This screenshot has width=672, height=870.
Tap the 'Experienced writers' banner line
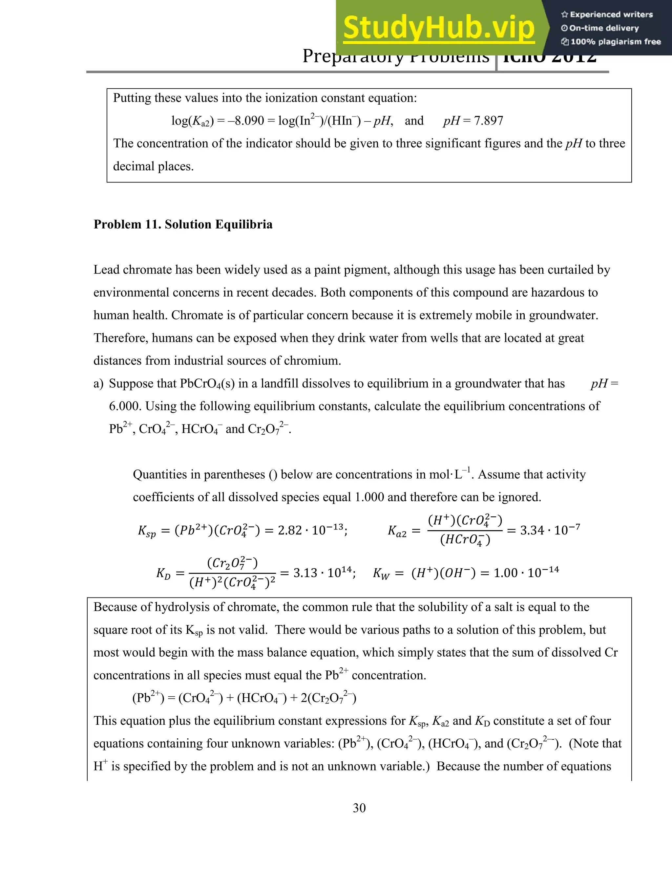pos(607,15)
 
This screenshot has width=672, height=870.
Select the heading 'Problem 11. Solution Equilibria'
pos(183,225)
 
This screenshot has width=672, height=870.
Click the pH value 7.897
pos(489,121)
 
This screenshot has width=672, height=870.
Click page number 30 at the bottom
pos(359,808)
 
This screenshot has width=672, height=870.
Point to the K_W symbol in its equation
pos(381,574)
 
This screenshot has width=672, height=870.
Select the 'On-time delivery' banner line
pos(600,28)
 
